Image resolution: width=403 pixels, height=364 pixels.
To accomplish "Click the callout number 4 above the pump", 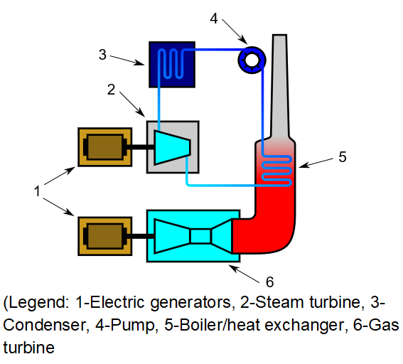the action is (214, 18).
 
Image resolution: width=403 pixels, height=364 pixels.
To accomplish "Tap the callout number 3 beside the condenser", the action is (102, 55).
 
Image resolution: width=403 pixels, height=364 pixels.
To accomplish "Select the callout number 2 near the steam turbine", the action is (111, 90).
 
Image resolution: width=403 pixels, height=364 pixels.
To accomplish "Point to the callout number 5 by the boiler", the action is (343, 156).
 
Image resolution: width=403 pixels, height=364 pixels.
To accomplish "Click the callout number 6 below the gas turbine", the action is (270, 282).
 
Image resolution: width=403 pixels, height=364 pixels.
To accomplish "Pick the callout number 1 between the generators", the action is (38, 191).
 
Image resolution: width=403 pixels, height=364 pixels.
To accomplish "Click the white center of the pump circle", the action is (252, 60).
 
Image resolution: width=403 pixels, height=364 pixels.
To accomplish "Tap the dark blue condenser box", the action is (172, 65).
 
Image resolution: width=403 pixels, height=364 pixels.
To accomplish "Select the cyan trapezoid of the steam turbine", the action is (172, 147).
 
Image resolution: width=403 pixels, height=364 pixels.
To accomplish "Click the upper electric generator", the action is (105, 147).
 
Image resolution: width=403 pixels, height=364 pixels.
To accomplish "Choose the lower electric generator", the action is (105, 236).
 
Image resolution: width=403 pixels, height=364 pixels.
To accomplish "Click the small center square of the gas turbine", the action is (200, 236).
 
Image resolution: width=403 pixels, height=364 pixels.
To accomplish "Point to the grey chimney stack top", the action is (279, 36).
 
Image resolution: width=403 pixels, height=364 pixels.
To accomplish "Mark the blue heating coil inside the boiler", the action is (276, 171).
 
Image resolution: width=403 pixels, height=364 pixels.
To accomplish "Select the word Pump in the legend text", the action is (132, 326).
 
